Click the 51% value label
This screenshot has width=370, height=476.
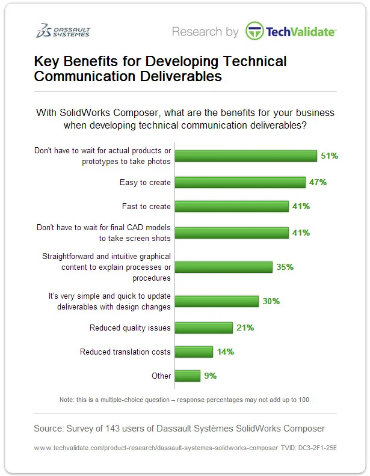[x=330, y=156]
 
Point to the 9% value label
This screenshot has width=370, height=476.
[x=210, y=376]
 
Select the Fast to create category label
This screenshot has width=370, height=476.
[x=146, y=206]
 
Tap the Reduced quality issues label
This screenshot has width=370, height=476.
[x=130, y=328]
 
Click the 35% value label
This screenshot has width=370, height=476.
[x=285, y=266]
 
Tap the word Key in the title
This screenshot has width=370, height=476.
[x=48, y=62]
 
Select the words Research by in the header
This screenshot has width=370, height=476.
[x=205, y=32]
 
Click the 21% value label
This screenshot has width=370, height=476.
[x=245, y=328]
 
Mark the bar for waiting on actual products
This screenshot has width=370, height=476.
[x=249, y=156]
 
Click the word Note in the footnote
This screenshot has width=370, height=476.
[x=67, y=400]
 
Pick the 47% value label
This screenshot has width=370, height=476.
[x=318, y=182]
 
